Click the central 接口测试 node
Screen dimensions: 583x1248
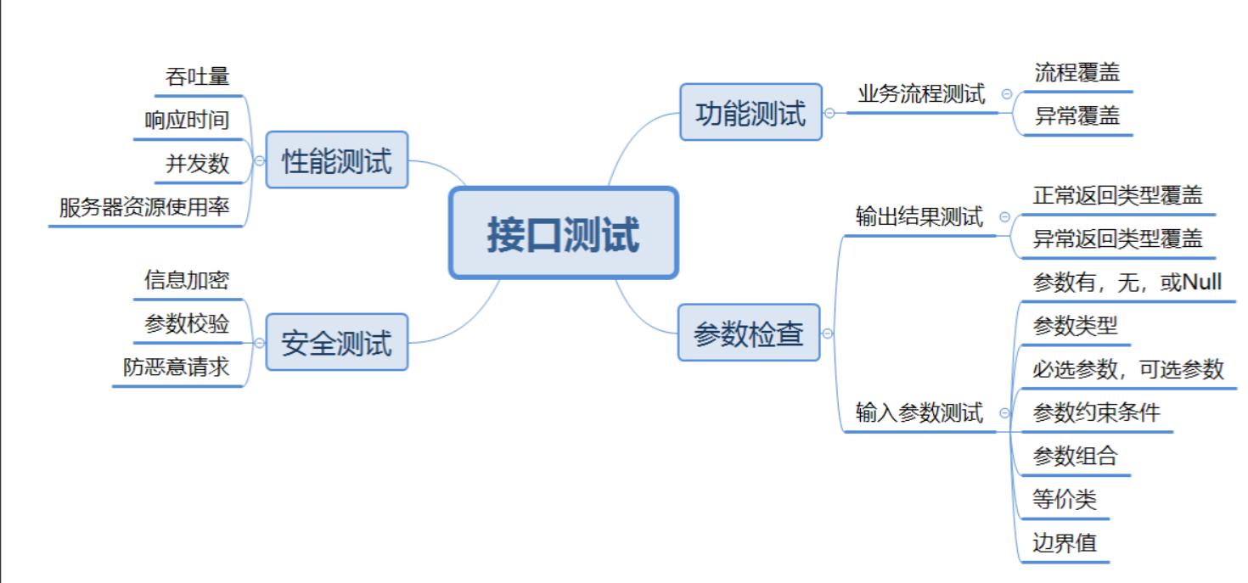[x=563, y=233]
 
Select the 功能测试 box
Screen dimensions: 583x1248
[x=750, y=112]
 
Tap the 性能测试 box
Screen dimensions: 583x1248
[x=337, y=160]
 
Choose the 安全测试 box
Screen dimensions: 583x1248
[x=337, y=342]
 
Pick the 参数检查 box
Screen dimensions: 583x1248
[x=749, y=333]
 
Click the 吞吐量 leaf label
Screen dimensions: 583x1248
[x=198, y=76]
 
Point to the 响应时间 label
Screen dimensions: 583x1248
[x=187, y=120]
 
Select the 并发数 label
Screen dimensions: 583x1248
[x=198, y=163]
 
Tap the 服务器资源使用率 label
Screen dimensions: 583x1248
[x=144, y=207]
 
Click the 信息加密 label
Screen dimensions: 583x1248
[x=187, y=280]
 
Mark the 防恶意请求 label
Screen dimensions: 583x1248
[x=176, y=367]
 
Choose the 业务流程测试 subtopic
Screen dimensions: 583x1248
[x=921, y=93]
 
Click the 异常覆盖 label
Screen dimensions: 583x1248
[x=1077, y=116]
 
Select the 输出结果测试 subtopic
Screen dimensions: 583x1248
[x=919, y=217]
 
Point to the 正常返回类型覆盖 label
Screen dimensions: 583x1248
[x=1117, y=195]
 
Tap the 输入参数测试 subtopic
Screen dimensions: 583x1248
[x=919, y=413]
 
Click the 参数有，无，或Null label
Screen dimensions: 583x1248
[x=1127, y=282]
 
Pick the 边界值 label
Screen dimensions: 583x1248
[x=1065, y=542]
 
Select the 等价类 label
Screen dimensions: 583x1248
[x=1065, y=499]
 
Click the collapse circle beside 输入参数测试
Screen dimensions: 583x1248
[x=1005, y=413]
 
